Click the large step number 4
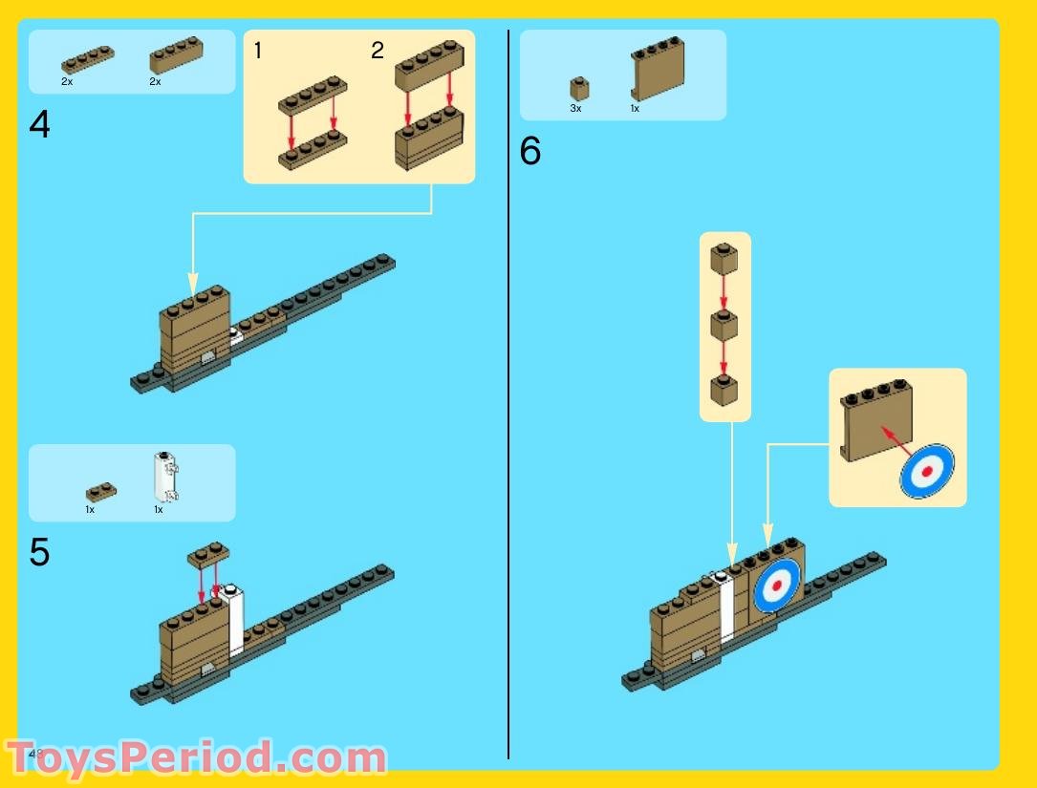coord(39,125)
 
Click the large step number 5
coord(39,553)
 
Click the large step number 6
coord(530,152)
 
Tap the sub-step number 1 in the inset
coord(258,52)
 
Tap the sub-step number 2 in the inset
coord(378,52)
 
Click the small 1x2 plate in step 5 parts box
coord(101,493)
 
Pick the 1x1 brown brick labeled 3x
coord(579,89)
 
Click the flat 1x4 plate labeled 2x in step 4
coord(87,59)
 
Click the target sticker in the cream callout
coord(926,471)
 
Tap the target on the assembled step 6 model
coord(777,585)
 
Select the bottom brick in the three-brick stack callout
coord(724,391)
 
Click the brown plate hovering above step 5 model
coord(208,556)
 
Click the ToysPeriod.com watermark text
coord(196,758)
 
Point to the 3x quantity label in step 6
coord(575,109)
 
